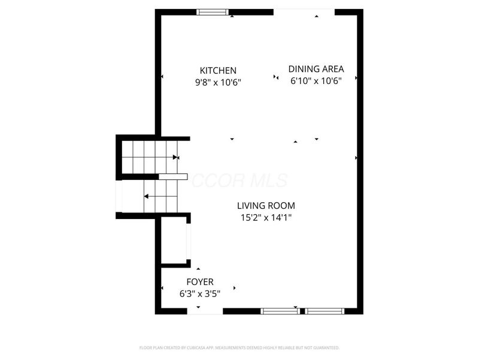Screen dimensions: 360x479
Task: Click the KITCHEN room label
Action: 218,70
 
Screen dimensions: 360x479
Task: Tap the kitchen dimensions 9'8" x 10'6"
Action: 218,82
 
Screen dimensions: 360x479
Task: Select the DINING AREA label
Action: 316,69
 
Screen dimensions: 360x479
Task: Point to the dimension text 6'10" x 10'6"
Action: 316,81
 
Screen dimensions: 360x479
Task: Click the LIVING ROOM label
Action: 266,206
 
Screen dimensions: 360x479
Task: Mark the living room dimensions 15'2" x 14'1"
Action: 266,218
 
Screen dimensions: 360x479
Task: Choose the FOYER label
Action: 200,282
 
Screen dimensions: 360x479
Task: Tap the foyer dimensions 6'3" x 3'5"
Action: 200,294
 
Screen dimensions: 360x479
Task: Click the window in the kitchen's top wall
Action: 213,11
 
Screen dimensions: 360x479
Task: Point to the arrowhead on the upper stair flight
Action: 175,157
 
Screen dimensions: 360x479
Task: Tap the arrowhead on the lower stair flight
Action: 145,196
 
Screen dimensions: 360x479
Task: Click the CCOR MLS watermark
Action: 239,181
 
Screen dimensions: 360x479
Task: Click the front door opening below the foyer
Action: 205,311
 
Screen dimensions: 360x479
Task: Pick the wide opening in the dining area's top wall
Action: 304,11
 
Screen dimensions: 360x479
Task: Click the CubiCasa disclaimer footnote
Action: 239,347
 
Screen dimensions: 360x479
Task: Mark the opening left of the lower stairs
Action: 119,196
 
